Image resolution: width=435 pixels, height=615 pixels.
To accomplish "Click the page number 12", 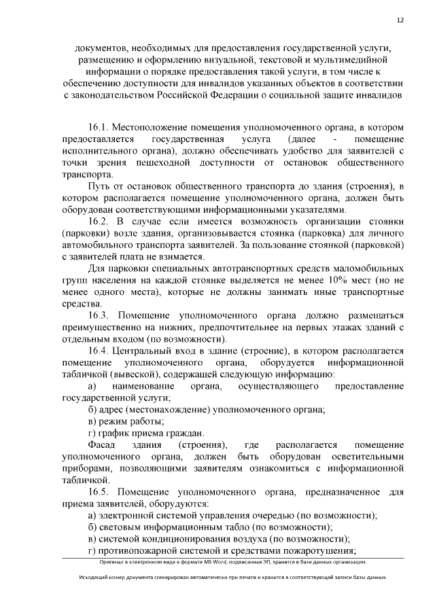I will click(x=400, y=20).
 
